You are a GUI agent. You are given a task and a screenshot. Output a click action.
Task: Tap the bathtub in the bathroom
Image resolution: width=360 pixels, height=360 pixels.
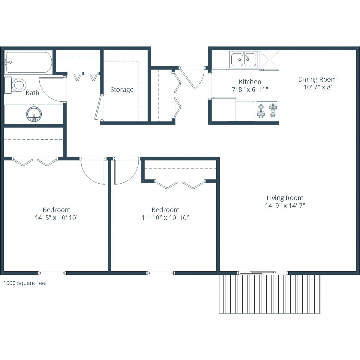[x=28, y=62]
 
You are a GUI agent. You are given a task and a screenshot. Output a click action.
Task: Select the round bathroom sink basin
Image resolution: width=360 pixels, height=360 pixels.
[x=34, y=114]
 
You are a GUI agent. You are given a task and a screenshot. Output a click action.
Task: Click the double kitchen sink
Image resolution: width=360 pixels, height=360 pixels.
[x=244, y=59]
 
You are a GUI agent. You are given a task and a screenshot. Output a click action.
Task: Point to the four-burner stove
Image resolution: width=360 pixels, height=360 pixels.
[x=267, y=111]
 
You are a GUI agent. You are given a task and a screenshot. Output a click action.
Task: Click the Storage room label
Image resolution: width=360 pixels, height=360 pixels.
[x=121, y=89]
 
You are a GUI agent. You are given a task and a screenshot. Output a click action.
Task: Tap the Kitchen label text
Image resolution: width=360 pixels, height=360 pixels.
[x=250, y=82]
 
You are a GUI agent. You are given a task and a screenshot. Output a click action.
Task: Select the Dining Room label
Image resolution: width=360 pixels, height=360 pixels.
[x=317, y=79]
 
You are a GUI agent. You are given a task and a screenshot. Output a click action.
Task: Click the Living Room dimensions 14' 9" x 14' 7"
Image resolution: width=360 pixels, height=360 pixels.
[x=285, y=206]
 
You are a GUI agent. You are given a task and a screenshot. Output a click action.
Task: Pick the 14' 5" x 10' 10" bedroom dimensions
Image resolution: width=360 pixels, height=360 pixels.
[x=57, y=218]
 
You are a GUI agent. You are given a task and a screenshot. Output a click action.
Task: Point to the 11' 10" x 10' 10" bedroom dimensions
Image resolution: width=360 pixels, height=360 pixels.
[x=165, y=218]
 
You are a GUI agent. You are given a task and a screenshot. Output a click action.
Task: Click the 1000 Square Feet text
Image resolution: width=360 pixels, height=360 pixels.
[x=25, y=283]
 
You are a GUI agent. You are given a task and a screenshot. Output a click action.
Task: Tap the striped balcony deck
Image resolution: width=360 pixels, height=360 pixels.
[x=269, y=294]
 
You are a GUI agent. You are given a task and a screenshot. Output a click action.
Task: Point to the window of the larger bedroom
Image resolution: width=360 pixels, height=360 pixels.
[x=52, y=273]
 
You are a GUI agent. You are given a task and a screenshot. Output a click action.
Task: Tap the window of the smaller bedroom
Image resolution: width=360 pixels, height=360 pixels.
[x=161, y=273]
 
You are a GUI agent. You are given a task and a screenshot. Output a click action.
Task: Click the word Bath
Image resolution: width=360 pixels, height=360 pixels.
[x=32, y=93]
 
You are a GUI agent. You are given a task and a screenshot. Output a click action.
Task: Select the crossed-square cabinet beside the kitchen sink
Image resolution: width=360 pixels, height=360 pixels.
[x=269, y=59]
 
